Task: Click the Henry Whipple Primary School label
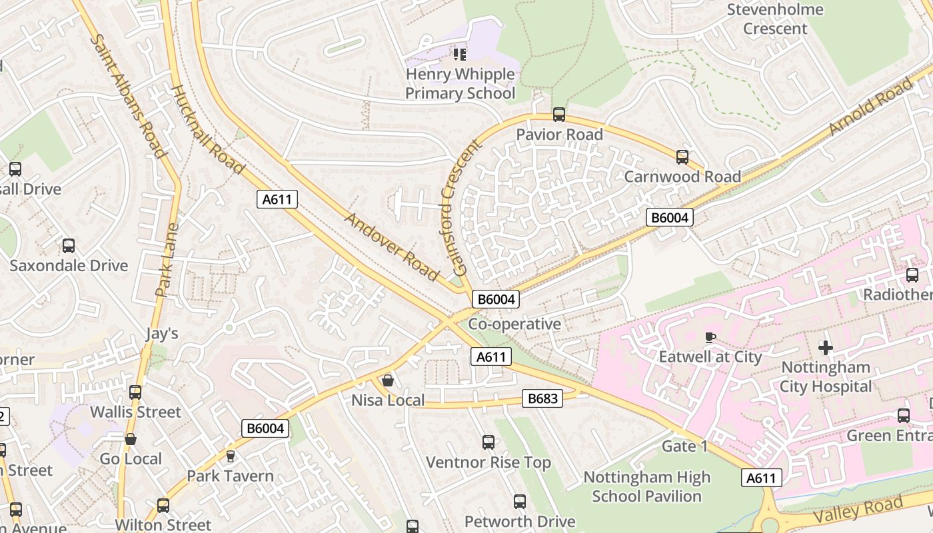(x=460, y=83)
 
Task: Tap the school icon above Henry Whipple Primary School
(x=459, y=54)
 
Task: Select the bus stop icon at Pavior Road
(x=559, y=115)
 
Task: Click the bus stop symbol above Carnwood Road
(x=682, y=157)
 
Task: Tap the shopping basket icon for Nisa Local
(x=387, y=380)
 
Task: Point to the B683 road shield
(x=542, y=398)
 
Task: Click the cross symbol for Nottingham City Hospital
(x=826, y=348)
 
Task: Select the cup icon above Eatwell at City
(x=710, y=337)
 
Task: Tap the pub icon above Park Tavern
(x=231, y=456)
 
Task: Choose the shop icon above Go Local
(x=131, y=439)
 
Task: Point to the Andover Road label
(x=392, y=247)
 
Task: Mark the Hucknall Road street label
(x=208, y=129)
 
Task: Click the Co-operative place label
(x=514, y=324)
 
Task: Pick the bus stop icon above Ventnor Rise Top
(x=488, y=442)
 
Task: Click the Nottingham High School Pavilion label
(x=646, y=486)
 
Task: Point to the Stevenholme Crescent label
(x=775, y=19)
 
